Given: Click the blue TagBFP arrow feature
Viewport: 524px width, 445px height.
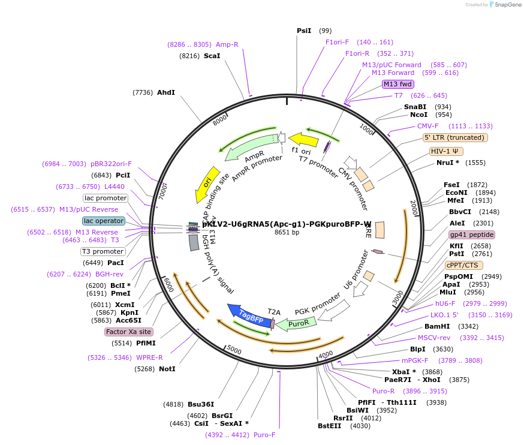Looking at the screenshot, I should click(246, 315).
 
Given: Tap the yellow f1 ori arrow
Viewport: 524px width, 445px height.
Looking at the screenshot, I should click(303, 140).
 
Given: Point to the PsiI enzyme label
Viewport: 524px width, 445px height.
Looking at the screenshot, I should click(304, 31).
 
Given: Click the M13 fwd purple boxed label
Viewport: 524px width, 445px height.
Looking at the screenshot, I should click(397, 84).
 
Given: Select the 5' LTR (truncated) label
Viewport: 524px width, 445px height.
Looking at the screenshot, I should click(455, 137).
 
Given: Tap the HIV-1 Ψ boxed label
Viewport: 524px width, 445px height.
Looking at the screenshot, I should click(447, 151).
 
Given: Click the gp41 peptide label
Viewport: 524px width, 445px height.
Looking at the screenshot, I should click(472, 234).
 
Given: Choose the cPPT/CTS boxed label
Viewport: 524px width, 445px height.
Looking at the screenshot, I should click(463, 265).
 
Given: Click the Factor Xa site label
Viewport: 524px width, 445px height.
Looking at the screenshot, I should click(128, 332).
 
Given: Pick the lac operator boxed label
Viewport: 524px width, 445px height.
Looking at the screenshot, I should click(104, 221).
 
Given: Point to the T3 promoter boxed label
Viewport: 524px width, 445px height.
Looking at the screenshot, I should click(103, 251).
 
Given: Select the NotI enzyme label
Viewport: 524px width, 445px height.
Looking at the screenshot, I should click(167, 369).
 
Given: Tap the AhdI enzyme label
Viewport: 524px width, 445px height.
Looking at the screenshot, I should click(166, 92).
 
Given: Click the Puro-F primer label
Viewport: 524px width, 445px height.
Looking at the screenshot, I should click(264, 435).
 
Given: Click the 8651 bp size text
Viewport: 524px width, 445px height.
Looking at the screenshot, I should click(287, 232).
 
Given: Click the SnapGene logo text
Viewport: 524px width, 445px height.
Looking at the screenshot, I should click(507, 5).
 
